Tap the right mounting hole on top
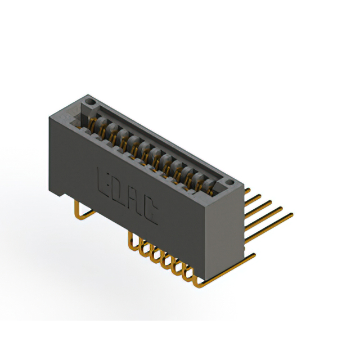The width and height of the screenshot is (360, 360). (x=229, y=184)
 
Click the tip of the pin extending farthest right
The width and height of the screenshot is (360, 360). (x=291, y=214)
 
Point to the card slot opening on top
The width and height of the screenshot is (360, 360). (x=152, y=146)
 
